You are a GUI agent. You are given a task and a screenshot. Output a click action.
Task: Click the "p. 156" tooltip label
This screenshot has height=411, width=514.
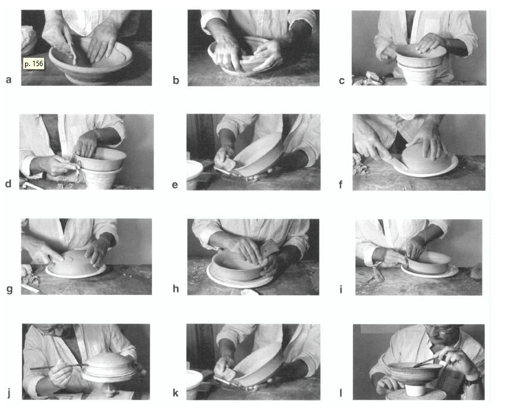(x=34, y=64)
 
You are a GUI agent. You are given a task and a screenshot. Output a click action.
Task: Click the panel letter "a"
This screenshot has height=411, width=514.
(x=9, y=80)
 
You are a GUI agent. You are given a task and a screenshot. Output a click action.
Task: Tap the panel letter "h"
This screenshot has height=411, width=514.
(x=176, y=288)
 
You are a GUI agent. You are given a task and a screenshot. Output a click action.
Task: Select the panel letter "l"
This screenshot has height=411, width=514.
(x=341, y=393)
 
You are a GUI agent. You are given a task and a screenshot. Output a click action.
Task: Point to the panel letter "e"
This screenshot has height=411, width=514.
(x=175, y=185)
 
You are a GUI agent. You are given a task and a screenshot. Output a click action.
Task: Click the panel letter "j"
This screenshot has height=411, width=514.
(x=9, y=393)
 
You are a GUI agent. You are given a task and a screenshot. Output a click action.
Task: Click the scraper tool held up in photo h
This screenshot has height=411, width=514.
(x=270, y=247)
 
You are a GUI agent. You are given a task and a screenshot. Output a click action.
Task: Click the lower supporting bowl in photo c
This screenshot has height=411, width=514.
(x=419, y=74)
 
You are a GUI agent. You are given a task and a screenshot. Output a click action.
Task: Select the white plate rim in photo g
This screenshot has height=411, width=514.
(x=76, y=272)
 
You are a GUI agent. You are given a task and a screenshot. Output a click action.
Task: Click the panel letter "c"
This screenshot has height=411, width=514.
(x=341, y=80)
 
